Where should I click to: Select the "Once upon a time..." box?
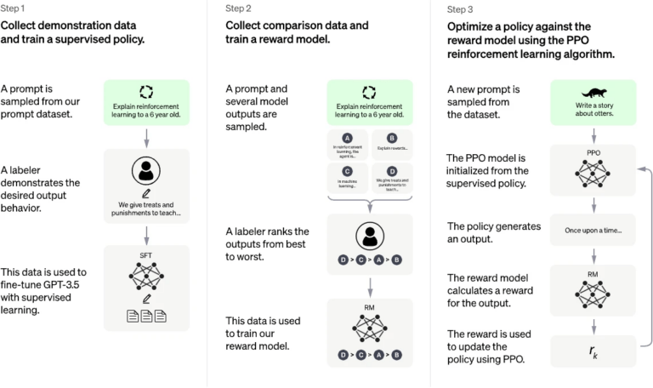593,231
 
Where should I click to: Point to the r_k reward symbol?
593,350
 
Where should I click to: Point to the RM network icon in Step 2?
368,326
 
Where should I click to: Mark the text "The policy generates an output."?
494,231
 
